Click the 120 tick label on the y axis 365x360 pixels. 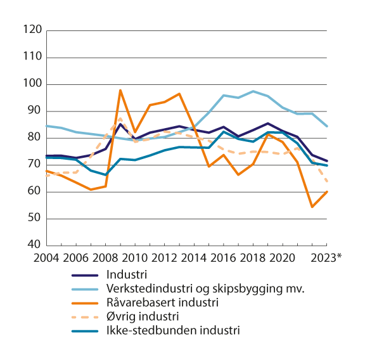tap(33, 30)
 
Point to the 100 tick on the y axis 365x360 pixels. tap(33, 84)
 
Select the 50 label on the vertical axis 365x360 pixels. tap(35, 219)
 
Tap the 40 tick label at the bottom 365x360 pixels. tap(35, 245)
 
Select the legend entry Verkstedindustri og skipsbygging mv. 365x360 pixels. tap(203, 289)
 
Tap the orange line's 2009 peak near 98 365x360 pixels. tap(120, 90)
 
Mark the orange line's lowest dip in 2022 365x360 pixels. tap(312, 207)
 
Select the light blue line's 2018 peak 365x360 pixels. tap(253, 91)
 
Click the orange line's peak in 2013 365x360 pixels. tap(179, 94)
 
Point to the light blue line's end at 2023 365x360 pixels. tap(327, 126)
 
